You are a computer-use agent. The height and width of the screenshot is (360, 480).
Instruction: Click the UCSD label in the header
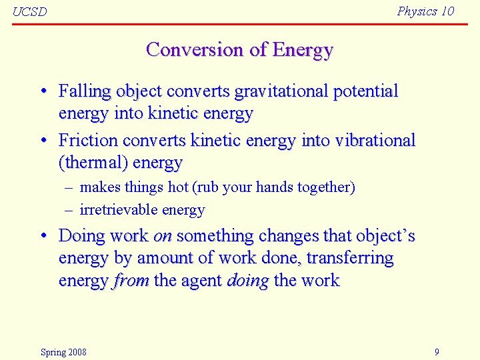coord(30,12)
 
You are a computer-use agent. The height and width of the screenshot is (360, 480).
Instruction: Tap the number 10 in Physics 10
coord(447,11)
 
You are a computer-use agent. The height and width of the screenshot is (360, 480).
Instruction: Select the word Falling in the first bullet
coord(85,91)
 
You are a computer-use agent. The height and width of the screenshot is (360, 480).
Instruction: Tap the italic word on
coord(163,236)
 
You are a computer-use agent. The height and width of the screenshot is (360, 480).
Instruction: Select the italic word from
coord(131,281)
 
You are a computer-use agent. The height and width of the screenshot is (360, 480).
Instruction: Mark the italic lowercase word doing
coord(247,281)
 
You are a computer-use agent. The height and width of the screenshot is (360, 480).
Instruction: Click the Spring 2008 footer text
coord(63,352)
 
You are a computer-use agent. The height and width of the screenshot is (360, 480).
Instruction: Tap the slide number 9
coord(437,352)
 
